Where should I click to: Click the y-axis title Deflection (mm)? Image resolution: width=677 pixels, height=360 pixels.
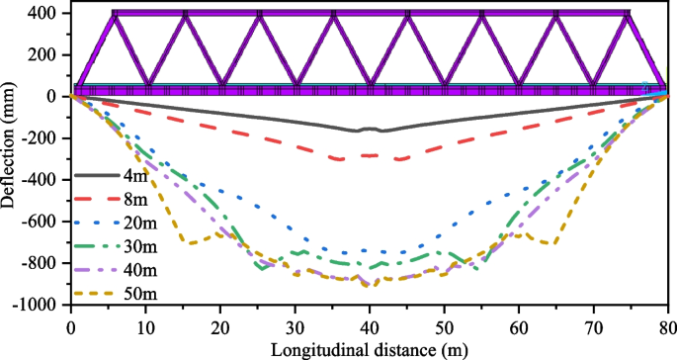(x=12, y=158)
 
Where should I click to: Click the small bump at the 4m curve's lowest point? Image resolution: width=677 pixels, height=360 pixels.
(x=369, y=129)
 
